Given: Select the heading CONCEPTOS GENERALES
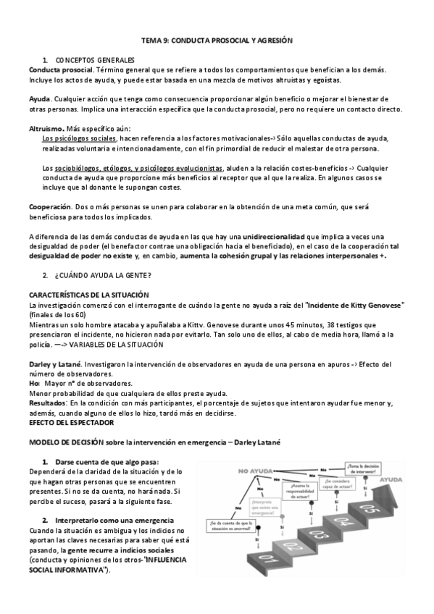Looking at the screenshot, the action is (95, 59).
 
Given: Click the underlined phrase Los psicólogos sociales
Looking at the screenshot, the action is (79, 138).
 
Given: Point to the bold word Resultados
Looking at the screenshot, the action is (47, 403).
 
